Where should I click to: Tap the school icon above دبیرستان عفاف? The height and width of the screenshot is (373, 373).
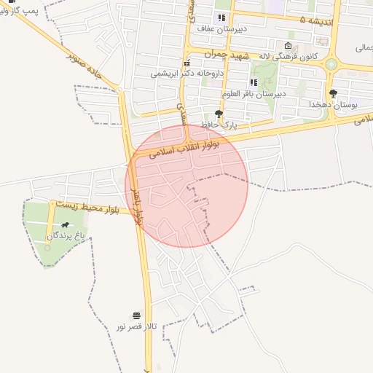tap(221, 18)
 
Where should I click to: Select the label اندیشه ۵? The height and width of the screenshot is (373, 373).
tap(318, 20)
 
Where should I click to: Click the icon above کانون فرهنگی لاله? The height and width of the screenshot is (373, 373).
tap(287, 45)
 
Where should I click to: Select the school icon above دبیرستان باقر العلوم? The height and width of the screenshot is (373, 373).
tap(254, 83)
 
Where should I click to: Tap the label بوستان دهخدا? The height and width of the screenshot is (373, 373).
tap(334, 104)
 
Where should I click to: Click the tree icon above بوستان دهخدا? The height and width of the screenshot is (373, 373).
tap(334, 93)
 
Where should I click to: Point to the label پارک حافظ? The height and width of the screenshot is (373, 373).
tap(220, 125)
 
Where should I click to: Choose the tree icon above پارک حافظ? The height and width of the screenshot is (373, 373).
tap(219, 114)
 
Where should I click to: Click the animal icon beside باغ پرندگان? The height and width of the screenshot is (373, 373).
tap(67, 226)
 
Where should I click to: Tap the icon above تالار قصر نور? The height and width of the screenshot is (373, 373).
tap(137, 315)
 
